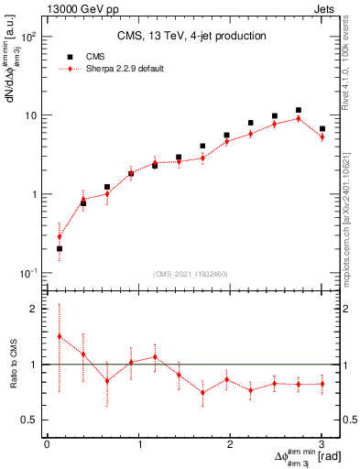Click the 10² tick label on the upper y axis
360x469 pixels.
[27, 38]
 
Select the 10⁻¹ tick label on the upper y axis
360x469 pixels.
[27, 273]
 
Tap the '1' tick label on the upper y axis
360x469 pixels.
[34, 194]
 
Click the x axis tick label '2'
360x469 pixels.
[230, 443]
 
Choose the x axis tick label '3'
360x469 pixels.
[322, 443]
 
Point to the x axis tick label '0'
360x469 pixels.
[47, 443]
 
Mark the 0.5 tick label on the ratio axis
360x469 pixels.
[29, 420]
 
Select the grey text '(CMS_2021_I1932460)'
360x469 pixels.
[191, 274]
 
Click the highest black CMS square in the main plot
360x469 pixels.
[299, 110]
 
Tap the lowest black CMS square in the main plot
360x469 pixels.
[60, 248]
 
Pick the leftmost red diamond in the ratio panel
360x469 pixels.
[60, 336]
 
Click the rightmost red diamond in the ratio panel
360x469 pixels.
[322, 385]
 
